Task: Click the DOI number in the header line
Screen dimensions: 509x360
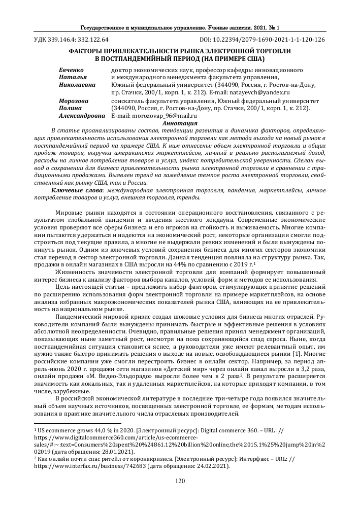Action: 268,40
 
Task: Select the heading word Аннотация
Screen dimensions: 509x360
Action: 179,123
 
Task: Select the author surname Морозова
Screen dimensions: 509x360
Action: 74,101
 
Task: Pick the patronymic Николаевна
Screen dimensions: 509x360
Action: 78,85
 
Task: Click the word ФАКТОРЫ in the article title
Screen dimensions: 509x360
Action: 88,51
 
